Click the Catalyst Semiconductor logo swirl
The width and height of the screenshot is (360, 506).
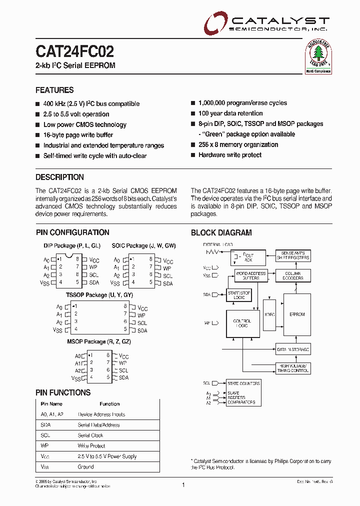(215, 23)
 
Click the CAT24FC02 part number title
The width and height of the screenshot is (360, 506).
(74, 51)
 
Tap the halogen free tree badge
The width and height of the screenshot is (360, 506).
(318, 55)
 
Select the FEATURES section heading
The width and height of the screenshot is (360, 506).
(54, 90)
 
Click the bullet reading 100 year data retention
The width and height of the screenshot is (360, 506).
(230, 113)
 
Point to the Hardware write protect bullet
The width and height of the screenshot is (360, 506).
(230, 155)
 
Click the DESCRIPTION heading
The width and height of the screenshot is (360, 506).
(59, 177)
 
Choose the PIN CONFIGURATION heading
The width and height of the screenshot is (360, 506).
(72, 232)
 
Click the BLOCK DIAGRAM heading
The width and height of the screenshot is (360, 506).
(221, 232)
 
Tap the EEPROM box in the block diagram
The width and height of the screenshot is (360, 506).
(297, 314)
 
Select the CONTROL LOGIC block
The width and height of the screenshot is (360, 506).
(242, 323)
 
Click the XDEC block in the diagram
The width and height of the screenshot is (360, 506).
(269, 314)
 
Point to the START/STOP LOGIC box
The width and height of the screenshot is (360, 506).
(239, 295)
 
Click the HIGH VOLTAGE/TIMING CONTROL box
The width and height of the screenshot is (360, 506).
(293, 368)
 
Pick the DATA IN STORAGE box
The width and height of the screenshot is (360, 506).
(293, 349)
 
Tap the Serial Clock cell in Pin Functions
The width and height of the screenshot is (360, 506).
(90, 435)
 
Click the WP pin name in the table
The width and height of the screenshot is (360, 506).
(44, 446)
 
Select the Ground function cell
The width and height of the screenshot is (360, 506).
(85, 467)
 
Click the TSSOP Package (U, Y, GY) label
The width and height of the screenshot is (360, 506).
(99, 295)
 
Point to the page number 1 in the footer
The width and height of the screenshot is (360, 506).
(183, 485)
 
